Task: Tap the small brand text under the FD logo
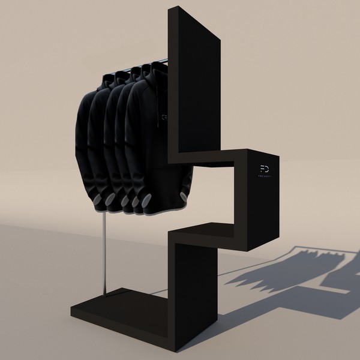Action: (x=265, y=178)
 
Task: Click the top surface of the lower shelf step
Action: (x=207, y=228)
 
